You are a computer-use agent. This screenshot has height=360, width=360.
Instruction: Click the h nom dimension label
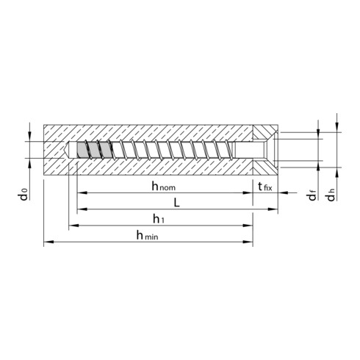pos(164,187)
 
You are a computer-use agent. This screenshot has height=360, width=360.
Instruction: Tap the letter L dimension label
pos(176,203)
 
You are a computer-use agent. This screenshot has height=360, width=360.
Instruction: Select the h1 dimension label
pos(159,219)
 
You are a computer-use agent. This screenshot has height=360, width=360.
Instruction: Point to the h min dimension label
pos(147,235)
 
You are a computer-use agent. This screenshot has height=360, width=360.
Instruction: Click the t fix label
pos(265,187)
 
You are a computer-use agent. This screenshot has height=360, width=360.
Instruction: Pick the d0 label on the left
pos(24,194)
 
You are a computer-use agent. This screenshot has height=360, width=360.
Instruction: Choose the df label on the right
pos(312,195)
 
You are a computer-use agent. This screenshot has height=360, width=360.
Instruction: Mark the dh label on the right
pos(331,195)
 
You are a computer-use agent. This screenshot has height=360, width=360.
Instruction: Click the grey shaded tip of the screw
pos(94,150)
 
